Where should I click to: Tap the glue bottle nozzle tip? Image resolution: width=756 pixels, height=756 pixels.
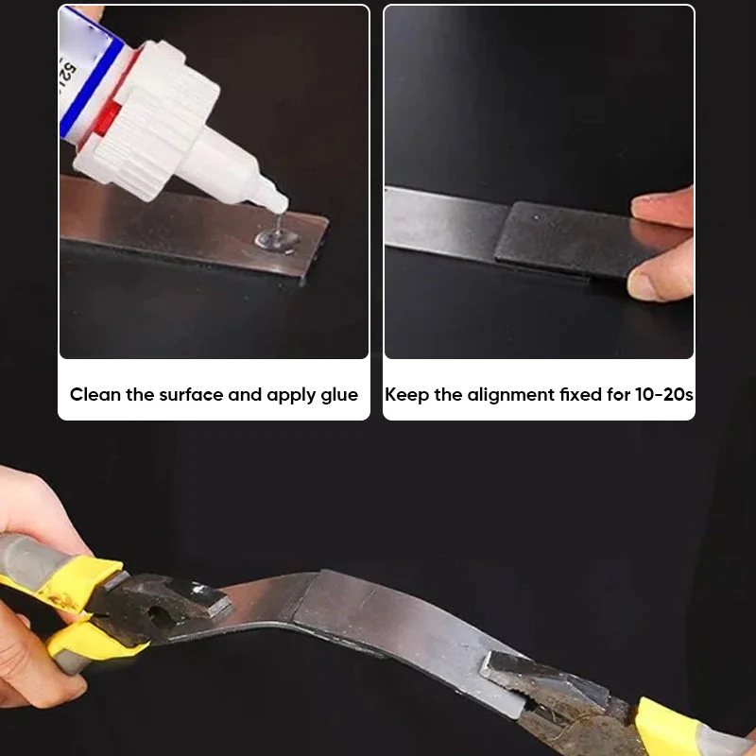tap(280, 204)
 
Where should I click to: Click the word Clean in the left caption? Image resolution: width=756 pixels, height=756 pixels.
tap(95, 394)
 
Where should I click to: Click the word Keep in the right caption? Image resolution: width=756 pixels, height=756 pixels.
tap(406, 394)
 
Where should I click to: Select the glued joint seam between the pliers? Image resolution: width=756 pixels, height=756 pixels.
tap(307, 605)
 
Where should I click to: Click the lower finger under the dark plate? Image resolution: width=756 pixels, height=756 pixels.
tap(661, 279)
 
